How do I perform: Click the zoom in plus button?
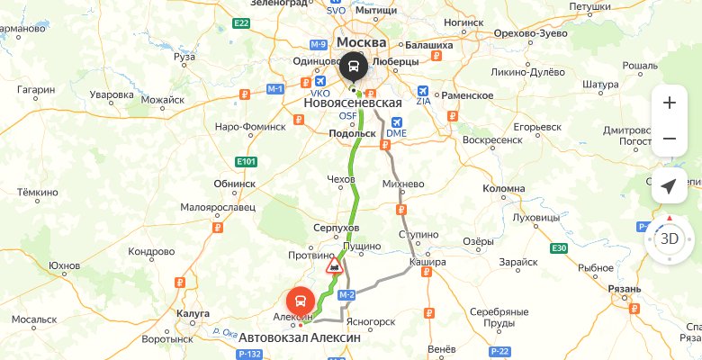pos(669,103)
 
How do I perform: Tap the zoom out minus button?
pos(669,139)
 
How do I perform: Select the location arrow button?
pos(669,185)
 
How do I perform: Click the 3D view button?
pos(669,238)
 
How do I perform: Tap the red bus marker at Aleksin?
pos(301,301)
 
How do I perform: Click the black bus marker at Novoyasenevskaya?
pos(352,68)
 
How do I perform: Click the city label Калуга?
pos(193,313)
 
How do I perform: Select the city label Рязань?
pos(624,288)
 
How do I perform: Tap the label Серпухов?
pos(337,229)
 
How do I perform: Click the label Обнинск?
pos(235,182)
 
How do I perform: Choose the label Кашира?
pos(427,262)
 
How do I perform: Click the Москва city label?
pos(361,42)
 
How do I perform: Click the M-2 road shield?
pos(347,295)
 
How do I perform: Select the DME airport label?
pos(396,133)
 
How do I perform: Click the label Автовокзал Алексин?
pos(299,337)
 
